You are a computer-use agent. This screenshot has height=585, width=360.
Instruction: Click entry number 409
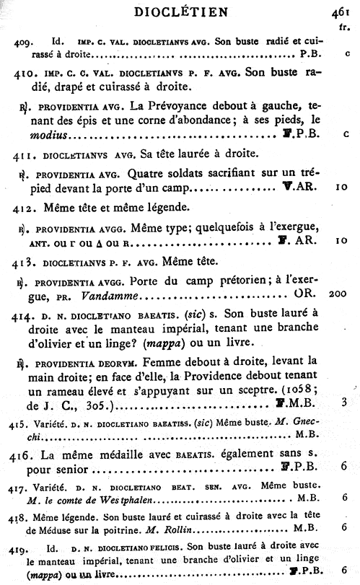(x=22, y=43)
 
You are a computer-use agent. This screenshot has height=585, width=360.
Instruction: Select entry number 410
(x=27, y=74)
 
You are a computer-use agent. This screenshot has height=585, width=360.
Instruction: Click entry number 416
(x=26, y=456)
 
